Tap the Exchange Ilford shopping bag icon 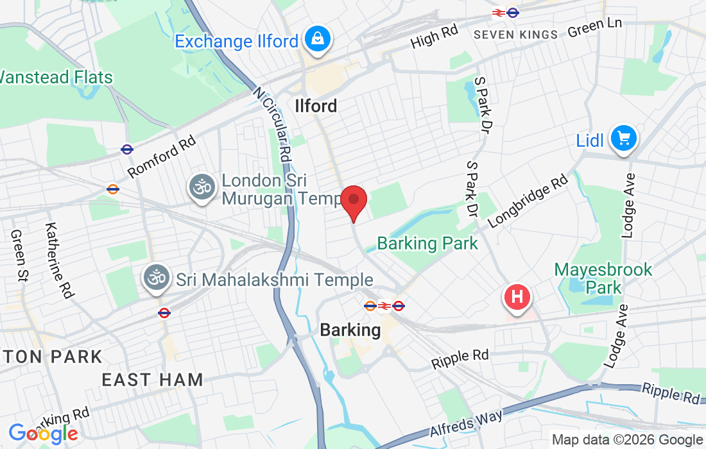tap(317, 39)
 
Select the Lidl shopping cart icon tap(623, 139)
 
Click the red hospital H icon tap(519, 298)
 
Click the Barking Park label tap(427, 244)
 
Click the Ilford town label tap(316, 106)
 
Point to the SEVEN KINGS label tap(515, 35)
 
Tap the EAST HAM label tap(152, 380)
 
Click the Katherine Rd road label tap(58, 260)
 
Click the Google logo tap(42, 434)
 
